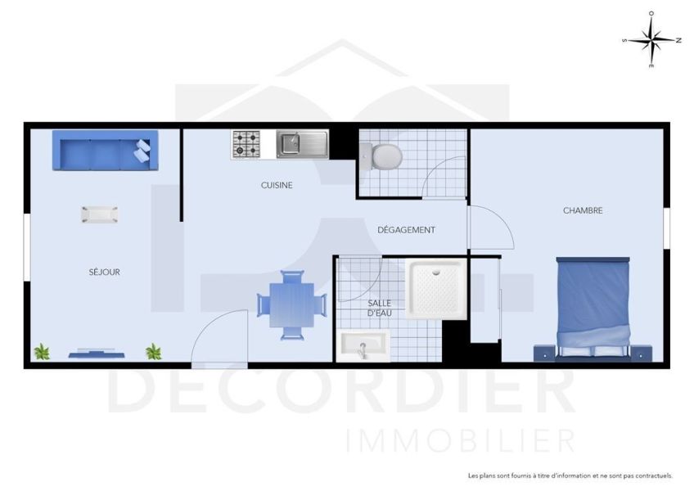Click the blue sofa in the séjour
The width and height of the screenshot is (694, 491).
coord(102,150)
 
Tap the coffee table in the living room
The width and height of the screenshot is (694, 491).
coord(99,214)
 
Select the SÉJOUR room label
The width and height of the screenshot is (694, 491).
coord(105,272)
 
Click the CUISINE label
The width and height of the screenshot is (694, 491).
coord(277,185)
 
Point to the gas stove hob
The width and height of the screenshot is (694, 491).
coord(246,145)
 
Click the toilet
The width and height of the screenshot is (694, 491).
coord(382,154)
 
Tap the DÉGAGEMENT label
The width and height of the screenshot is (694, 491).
coord(406,230)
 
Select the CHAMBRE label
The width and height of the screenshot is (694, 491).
coord(583,210)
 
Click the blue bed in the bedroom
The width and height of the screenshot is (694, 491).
coord(593,306)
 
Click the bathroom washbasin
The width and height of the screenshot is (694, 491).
coord(362,346)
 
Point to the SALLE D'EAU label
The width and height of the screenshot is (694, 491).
coord(379,308)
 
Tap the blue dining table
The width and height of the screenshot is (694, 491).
coord(291,303)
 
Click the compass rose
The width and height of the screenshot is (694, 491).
coord(651,39)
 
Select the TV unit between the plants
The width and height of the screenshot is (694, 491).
coord(97,353)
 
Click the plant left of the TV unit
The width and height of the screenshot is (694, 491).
coord(42,352)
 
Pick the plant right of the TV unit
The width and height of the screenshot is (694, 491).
coord(153,352)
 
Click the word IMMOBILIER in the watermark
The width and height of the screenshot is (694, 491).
coord(461,441)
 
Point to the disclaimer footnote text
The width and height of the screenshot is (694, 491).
coord(570,475)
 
